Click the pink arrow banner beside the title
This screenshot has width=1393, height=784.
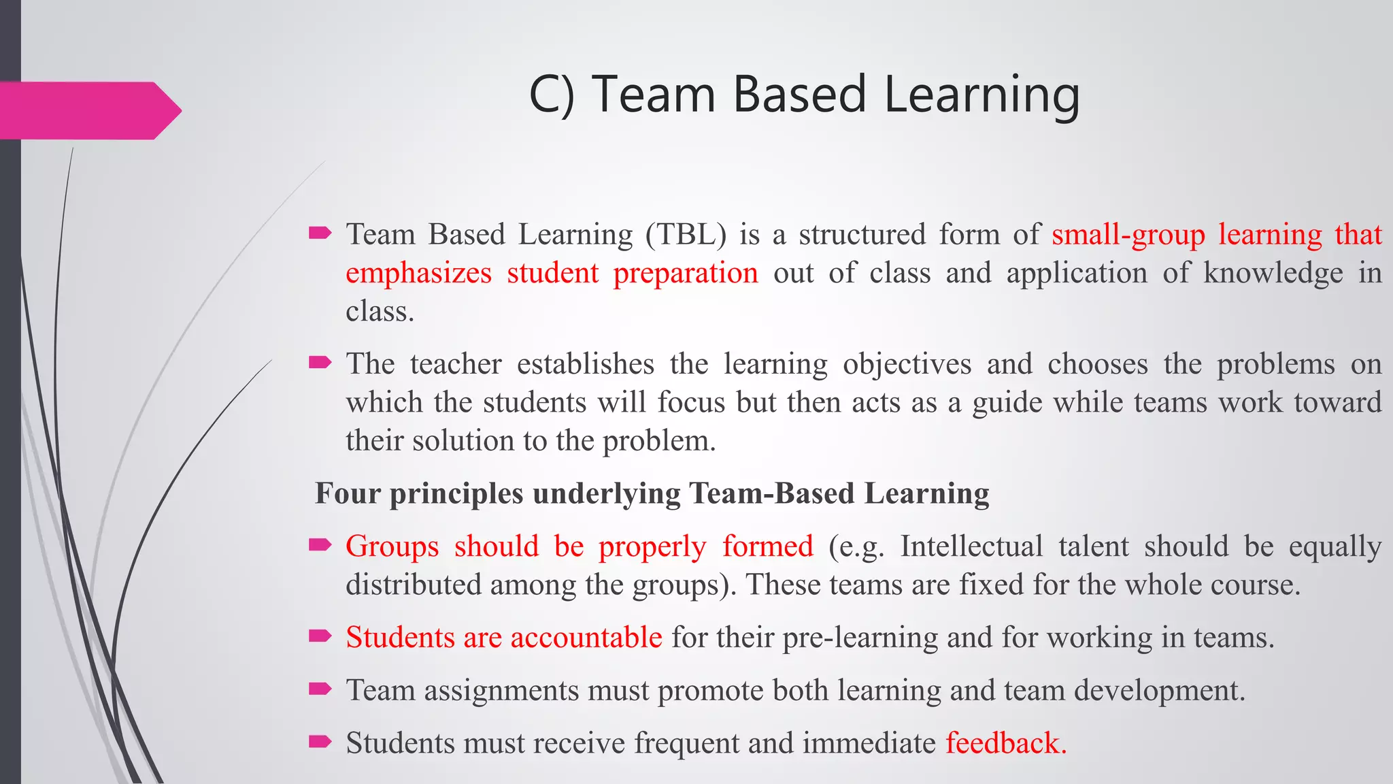point(88,110)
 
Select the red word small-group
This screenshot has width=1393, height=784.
point(1128,235)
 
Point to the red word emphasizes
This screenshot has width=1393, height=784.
point(418,274)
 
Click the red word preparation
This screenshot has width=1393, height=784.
point(686,274)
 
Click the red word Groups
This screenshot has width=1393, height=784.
point(392,546)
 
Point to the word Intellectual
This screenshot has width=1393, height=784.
point(971,546)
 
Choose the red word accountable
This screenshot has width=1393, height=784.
point(586,638)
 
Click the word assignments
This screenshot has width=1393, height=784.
point(503,691)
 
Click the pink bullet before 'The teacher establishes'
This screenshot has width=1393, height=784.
point(320,363)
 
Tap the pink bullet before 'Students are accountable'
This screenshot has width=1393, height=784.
point(320,636)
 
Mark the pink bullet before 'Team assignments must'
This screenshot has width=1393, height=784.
point(320,689)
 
